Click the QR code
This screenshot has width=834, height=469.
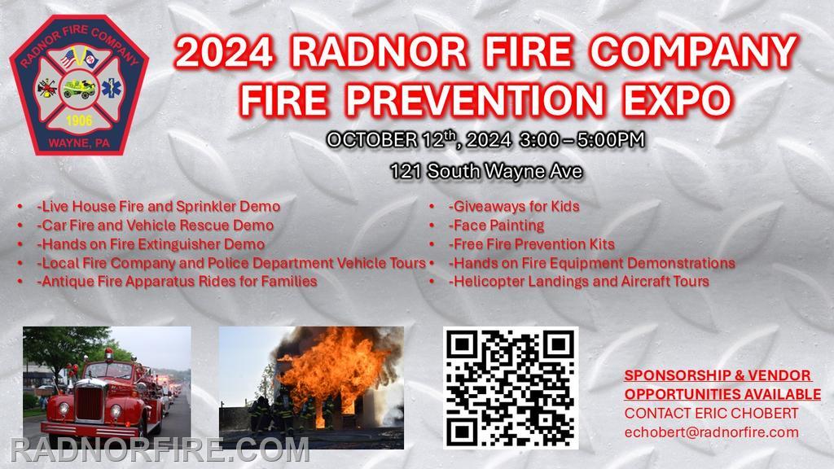tap(511, 388)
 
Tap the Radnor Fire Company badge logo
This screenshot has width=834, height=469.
tap(79, 85)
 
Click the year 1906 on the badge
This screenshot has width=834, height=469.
tap(79, 121)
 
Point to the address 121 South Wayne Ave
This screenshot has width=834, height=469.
tap(486, 171)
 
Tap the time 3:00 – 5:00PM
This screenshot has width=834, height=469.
tap(582, 140)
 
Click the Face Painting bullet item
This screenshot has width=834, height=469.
tap(497, 226)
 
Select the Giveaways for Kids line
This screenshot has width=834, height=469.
tap(514, 206)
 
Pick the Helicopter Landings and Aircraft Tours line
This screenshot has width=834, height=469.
tap(579, 281)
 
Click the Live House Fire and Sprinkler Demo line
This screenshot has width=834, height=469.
tap(159, 206)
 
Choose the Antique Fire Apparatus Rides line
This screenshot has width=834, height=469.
tap(177, 281)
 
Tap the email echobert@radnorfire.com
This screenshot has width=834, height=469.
tap(711, 432)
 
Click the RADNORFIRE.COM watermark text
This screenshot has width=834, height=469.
tap(160, 449)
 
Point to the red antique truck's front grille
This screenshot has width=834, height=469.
tap(89, 403)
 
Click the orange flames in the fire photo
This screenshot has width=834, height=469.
tap(332, 367)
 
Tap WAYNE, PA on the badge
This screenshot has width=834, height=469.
tap(79, 143)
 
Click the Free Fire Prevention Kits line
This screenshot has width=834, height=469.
tap(531, 244)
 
